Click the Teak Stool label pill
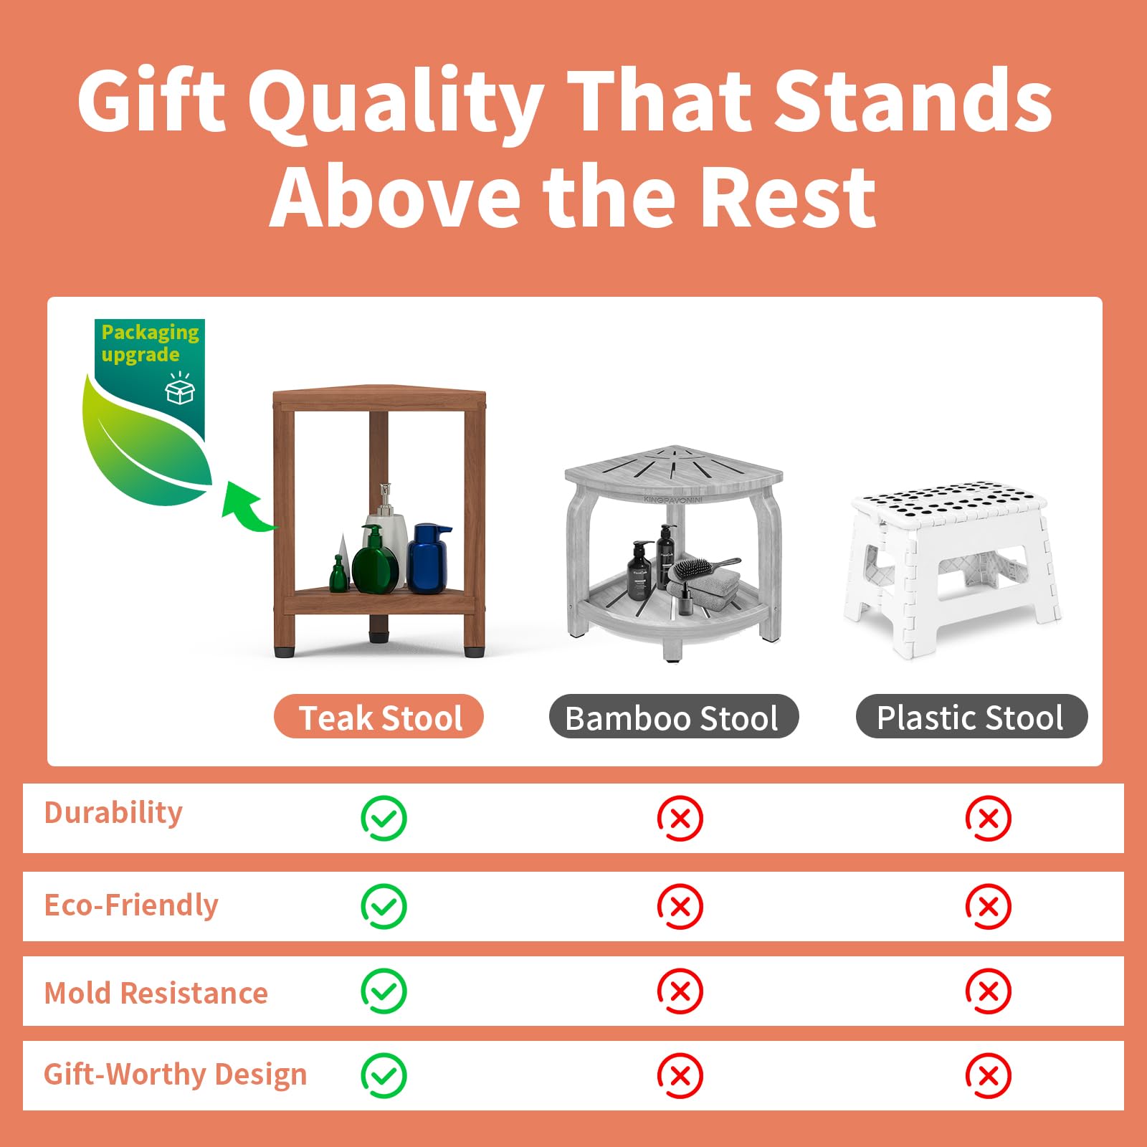click(x=379, y=717)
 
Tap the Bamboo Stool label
click(x=673, y=717)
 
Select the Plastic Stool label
click(x=971, y=717)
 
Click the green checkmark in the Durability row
click(x=384, y=818)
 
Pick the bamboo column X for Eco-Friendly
click(x=680, y=906)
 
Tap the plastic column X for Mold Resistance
click(x=988, y=991)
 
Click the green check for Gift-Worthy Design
click(x=384, y=1075)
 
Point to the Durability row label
click(x=113, y=813)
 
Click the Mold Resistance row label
click(x=156, y=994)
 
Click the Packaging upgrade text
click(x=149, y=343)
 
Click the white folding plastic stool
click(x=953, y=566)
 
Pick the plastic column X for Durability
click(x=988, y=818)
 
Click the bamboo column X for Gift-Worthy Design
click(x=680, y=1075)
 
